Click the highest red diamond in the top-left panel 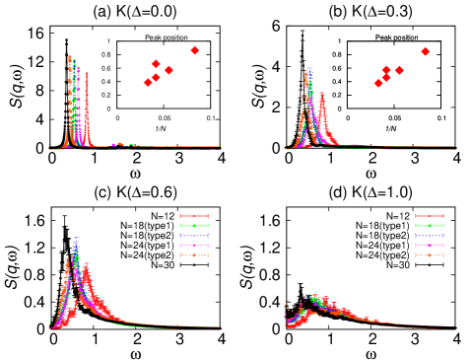pos(195,50)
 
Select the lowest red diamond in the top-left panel pos(148,83)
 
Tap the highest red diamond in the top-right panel pos(426,51)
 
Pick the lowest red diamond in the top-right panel pos(378,83)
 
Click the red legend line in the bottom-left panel pos(194,216)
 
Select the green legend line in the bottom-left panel pos(194,226)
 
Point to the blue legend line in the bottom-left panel pos(194,236)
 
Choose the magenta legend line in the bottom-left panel pos(194,246)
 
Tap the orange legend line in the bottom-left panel pos(194,255)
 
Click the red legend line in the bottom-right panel pos(430,216)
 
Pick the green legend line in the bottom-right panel pos(430,226)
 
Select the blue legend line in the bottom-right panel pos(430,236)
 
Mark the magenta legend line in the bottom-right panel pos(430,246)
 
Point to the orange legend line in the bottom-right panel pos(430,255)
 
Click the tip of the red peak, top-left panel pos(87,72)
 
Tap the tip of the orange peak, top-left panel pos(69,56)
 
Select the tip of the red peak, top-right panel pos(322,93)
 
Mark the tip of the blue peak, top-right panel pos(309,67)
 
